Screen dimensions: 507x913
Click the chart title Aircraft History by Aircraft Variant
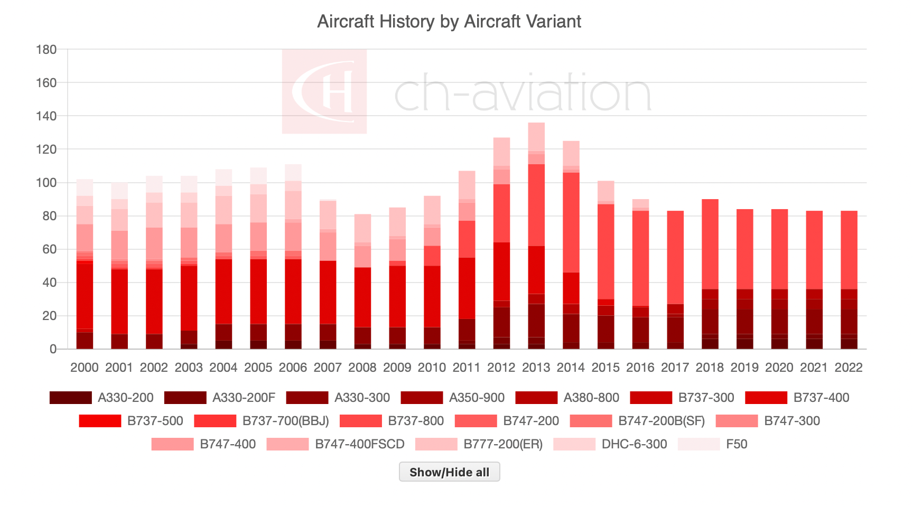pyautogui.click(x=449, y=22)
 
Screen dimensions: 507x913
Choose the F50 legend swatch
pyautogui.click(x=698, y=444)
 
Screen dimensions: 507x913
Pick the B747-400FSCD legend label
pyautogui.click(x=359, y=444)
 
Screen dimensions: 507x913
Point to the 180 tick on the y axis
pyautogui.click(x=46, y=50)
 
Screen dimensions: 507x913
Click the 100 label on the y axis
pyautogui.click(x=46, y=183)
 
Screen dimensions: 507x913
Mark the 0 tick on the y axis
pyautogui.click(x=53, y=349)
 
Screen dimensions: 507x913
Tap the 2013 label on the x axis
pyautogui.click(x=536, y=368)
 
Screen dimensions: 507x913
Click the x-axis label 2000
pyautogui.click(x=85, y=368)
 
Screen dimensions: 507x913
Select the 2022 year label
pyautogui.click(x=848, y=368)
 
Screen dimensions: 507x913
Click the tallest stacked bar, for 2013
pyautogui.click(x=536, y=238)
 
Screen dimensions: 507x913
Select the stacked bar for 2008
pyautogui.click(x=362, y=285)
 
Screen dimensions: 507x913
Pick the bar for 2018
pyautogui.click(x=710, y=275)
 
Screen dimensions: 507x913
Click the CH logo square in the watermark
pyautogui.click(x=324, y=91)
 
